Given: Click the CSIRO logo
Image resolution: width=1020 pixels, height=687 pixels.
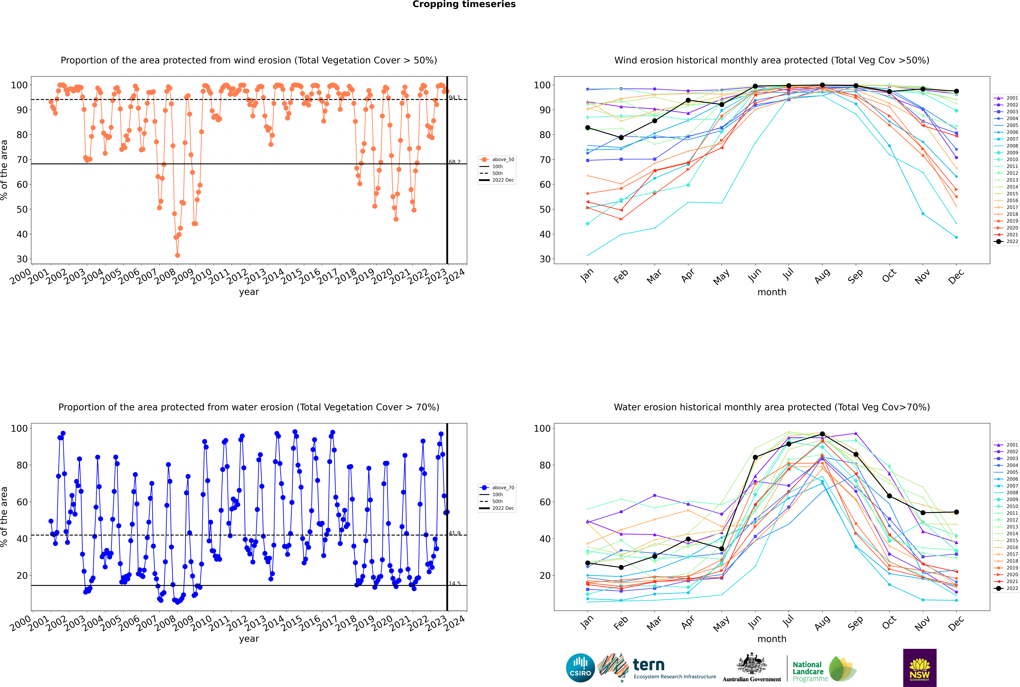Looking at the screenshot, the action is point(580,668).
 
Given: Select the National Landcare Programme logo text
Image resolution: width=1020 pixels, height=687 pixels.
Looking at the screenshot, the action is point(810,672).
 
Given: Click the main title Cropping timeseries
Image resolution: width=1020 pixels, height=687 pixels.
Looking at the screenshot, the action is point(464,4).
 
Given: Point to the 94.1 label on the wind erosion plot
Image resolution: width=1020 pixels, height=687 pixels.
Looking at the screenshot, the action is point(454,97).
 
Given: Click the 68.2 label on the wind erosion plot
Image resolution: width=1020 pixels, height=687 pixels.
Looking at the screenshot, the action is point(454,162).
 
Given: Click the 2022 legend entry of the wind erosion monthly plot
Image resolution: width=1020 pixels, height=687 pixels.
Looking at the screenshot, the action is point(1006,241).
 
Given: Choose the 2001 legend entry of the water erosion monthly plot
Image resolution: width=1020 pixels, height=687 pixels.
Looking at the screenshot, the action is point(1006,445).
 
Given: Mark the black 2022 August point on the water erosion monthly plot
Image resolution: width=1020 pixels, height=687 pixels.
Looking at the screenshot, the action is point(822,434).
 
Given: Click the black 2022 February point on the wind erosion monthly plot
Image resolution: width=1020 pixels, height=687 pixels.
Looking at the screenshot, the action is point(621,138).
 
